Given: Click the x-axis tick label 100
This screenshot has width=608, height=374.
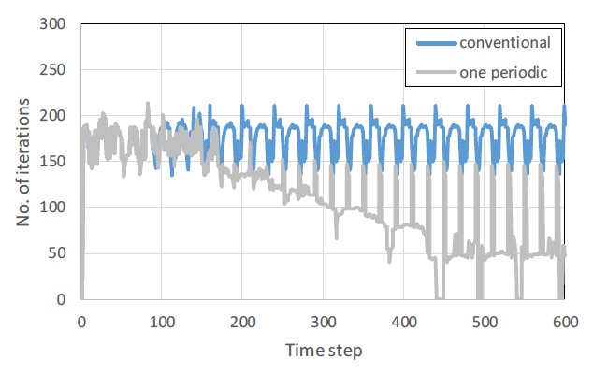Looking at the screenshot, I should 162,321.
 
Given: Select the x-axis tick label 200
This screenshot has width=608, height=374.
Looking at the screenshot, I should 242,321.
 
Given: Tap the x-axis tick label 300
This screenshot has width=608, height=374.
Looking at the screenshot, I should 323,321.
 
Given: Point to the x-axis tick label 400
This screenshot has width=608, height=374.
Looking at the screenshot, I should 404,321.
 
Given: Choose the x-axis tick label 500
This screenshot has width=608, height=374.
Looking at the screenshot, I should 485,321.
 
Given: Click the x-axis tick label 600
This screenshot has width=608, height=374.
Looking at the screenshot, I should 565,321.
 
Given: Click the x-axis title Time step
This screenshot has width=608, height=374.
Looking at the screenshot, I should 323,351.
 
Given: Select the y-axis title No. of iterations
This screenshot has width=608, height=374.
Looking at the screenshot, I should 22,162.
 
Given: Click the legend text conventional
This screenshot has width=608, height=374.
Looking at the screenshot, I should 504,42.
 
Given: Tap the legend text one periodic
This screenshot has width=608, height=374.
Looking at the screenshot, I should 504,71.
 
